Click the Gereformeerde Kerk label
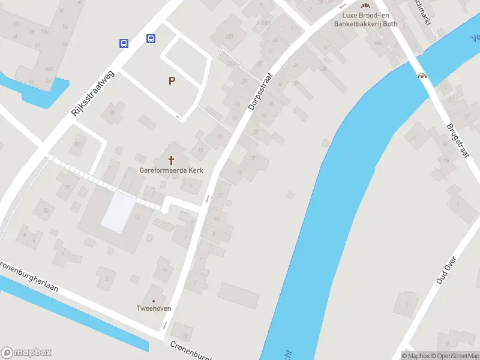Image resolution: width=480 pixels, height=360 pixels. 171,170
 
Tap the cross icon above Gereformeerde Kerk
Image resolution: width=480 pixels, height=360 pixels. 172,160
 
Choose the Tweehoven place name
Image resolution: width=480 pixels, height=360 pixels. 154,308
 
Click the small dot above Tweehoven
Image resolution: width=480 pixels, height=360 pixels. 154,301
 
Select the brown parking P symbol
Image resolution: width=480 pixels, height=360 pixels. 172,80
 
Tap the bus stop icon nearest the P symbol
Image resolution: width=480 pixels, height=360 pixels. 151,39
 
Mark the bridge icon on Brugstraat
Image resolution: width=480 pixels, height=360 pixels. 423,76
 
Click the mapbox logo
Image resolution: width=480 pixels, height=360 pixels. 26,352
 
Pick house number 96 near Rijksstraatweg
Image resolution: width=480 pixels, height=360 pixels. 112,112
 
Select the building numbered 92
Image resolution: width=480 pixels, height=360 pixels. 76,144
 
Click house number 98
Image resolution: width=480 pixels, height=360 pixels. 45,210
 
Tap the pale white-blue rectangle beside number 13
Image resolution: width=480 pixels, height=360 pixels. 118,212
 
